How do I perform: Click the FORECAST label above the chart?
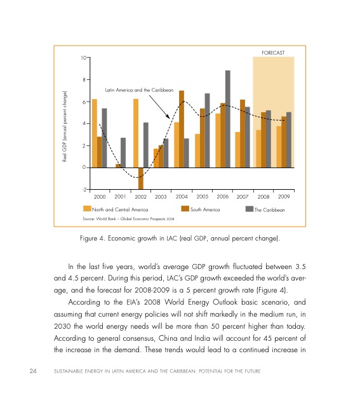pos(272,51)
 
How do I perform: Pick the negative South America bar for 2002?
pos(140,178)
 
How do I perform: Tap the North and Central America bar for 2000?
pos(95,133)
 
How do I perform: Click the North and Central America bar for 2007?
pos(237,150)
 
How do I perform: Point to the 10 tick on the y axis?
pos(83,58)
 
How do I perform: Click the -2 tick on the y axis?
pos(83,190)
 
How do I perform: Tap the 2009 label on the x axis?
pos(283,197)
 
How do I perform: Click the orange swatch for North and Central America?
pos(88,209)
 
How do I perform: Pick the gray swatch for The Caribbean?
pos(250,209)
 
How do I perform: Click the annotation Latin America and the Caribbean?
pos(139,91)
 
